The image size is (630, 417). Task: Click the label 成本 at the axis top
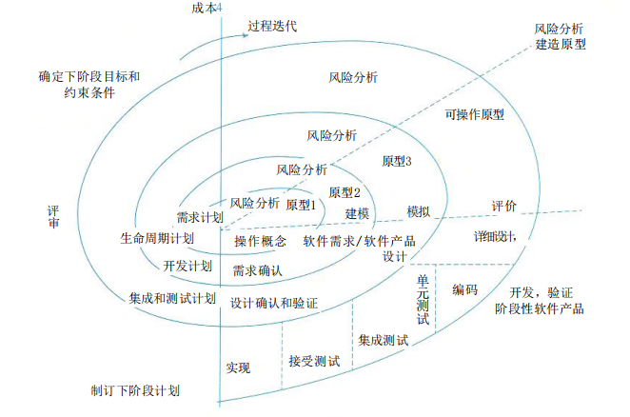(x=203, y=9)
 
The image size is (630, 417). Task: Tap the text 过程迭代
(x=272, y=26)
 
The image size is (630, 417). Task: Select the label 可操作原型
(x=474, y=114)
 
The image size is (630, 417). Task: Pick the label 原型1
(x=301, y=205)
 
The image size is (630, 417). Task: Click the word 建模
(x=358, y=213)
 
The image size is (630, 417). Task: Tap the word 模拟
(x=419, y=210)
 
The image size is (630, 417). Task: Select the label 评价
(x=504, y=206)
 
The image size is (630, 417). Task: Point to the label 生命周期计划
(x=158, y=238)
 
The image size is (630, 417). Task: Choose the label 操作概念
(x=261, y=241)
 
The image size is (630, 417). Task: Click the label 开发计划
(x=187, y=265)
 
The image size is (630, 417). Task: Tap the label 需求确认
(x=257, y=270)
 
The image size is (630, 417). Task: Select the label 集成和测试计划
(x=173, y=299)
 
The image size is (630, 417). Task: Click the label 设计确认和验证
(x=274, y=303)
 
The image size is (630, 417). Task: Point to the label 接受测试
(x=314, y=361)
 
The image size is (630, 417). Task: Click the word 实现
(x=239, y=367)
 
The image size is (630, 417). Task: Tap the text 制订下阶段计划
(x=135, y=390)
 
